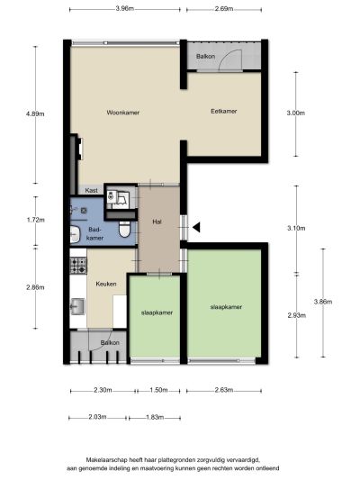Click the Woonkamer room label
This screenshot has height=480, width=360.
pos(123,113)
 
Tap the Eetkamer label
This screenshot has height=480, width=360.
pos(223,111)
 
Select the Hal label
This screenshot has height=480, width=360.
pos(157,222)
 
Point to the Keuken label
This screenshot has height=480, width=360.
pos(106,284)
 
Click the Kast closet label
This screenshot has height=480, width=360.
pos(91,190)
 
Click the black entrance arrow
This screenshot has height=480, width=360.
pos(196,227)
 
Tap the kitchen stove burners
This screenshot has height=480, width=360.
pos(78,266)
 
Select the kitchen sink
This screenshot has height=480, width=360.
pos(77,306)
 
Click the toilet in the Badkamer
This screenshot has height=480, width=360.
pos(124,230)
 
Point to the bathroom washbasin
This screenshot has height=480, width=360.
pos(75,234)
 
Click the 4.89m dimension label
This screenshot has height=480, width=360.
pos(35,113)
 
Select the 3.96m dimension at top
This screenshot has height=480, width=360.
pos(125,9)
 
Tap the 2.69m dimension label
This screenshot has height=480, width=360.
pos(224,9)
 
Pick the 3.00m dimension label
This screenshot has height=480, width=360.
pos(295,113)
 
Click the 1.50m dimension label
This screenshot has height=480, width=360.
pos(158,390)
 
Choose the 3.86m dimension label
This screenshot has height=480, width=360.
pos(323,302)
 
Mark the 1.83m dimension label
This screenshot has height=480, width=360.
pos(155,417)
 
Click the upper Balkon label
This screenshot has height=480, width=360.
pos(205,57)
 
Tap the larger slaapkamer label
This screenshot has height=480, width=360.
pos(226,307)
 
